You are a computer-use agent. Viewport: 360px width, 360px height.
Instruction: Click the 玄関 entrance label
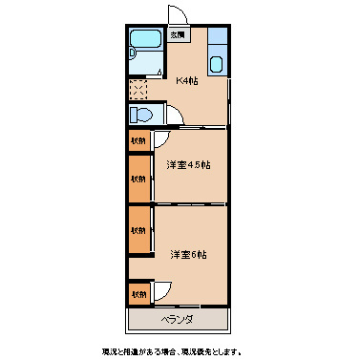click(x=178, y=35)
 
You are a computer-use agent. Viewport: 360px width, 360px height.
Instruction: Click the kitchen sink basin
click(x=217, y=65)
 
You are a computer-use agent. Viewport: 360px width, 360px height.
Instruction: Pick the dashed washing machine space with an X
click(x=138, y=90)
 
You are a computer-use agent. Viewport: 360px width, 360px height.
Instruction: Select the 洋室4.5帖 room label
click(x=188, y=165)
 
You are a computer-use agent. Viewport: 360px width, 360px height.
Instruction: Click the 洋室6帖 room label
click(x=189, y=254)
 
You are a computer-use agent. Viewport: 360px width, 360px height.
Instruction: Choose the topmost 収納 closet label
click(x=139, y=140)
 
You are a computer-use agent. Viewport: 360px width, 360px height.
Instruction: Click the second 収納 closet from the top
click(x=139, y=179)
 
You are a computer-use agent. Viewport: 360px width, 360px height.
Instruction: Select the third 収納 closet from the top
click(x=139, y=230)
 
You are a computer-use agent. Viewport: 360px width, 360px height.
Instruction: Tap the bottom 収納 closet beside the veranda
click(x=139, y=293)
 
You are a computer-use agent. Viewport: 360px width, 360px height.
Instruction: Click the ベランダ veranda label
click(x=178, y=319)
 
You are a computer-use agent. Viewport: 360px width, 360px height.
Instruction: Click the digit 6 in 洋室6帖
click(x=194, y=254)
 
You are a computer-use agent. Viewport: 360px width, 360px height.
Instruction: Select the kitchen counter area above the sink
click(x=217, y=40)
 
